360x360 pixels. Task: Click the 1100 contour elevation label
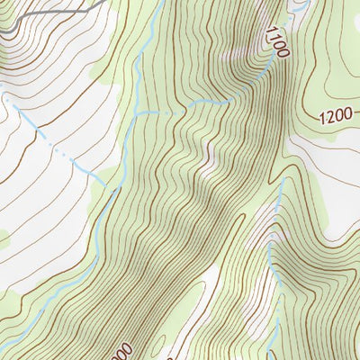276,42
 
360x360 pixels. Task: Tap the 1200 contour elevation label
335,117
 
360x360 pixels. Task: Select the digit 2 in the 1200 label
328,117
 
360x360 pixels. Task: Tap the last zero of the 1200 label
347,118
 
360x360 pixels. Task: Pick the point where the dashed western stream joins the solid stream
113,189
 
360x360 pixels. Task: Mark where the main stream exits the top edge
160,2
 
